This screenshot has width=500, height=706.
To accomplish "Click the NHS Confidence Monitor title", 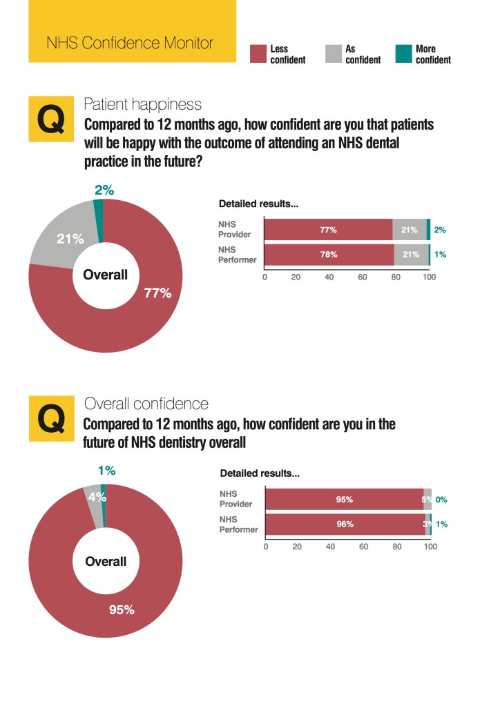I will coord(129,43).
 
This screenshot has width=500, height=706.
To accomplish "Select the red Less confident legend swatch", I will coord(258,54).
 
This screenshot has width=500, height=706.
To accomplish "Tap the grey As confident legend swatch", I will coord(333,54).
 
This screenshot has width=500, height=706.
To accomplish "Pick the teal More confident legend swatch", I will coord(403,54).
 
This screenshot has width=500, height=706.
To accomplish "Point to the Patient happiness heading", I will coord(142,104).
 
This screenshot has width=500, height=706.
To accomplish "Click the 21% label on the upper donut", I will coord(70,239).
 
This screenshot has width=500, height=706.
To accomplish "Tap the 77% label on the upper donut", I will coord(157,293).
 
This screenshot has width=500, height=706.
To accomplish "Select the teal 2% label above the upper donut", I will coord(104,190).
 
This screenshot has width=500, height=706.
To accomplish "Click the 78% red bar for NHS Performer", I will coord(329,255).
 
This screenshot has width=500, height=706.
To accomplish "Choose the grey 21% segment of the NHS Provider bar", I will coord(410,230).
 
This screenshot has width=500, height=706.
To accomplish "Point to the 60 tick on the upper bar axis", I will coord(363,277).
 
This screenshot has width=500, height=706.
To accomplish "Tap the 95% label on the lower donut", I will coord(122,609).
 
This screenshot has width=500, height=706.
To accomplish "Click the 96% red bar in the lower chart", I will coord(345,524).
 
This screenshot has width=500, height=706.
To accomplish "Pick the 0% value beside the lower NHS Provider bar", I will coord(441,499).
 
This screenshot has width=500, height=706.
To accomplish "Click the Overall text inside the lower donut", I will coord(106,561).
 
